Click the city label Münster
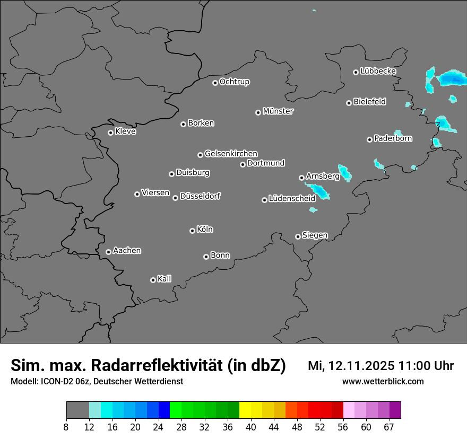[278, 111]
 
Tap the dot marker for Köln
[192, 231]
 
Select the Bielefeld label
[369, 102]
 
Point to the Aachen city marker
[108, 252]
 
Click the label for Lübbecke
[378, 71]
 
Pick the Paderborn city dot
[369, 139]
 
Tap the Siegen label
[315, 235]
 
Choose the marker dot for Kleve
[110, 133]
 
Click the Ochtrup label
[235, 82]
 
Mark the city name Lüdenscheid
[292, 199]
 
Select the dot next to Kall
[153, 280]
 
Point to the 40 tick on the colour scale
[251, 427]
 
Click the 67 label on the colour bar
[389, 427]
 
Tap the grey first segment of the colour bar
[77, 410]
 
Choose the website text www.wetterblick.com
[383, 381]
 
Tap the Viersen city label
[155, 193]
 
